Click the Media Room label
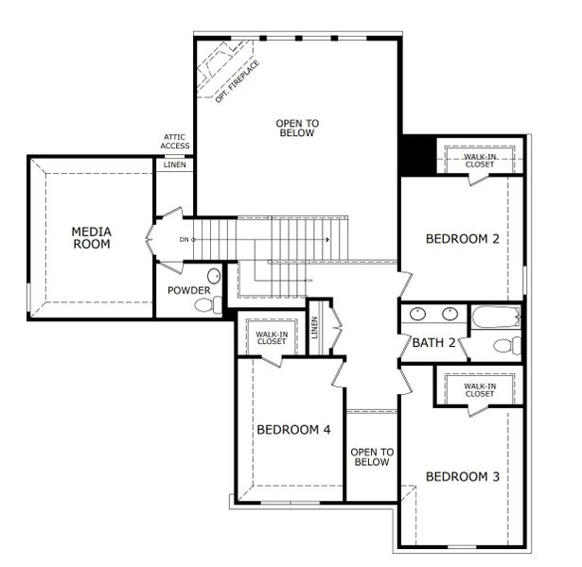coord(92,237)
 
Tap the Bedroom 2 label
coord(462,239)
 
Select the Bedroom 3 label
coord(462,476)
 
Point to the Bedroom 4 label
coord(293,430)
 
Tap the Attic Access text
coord(175,143)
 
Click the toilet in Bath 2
coord(505,345)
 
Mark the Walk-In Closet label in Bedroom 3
coord(479,389)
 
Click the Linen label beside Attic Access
coord(175,165)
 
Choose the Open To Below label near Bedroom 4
coord(372,457)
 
